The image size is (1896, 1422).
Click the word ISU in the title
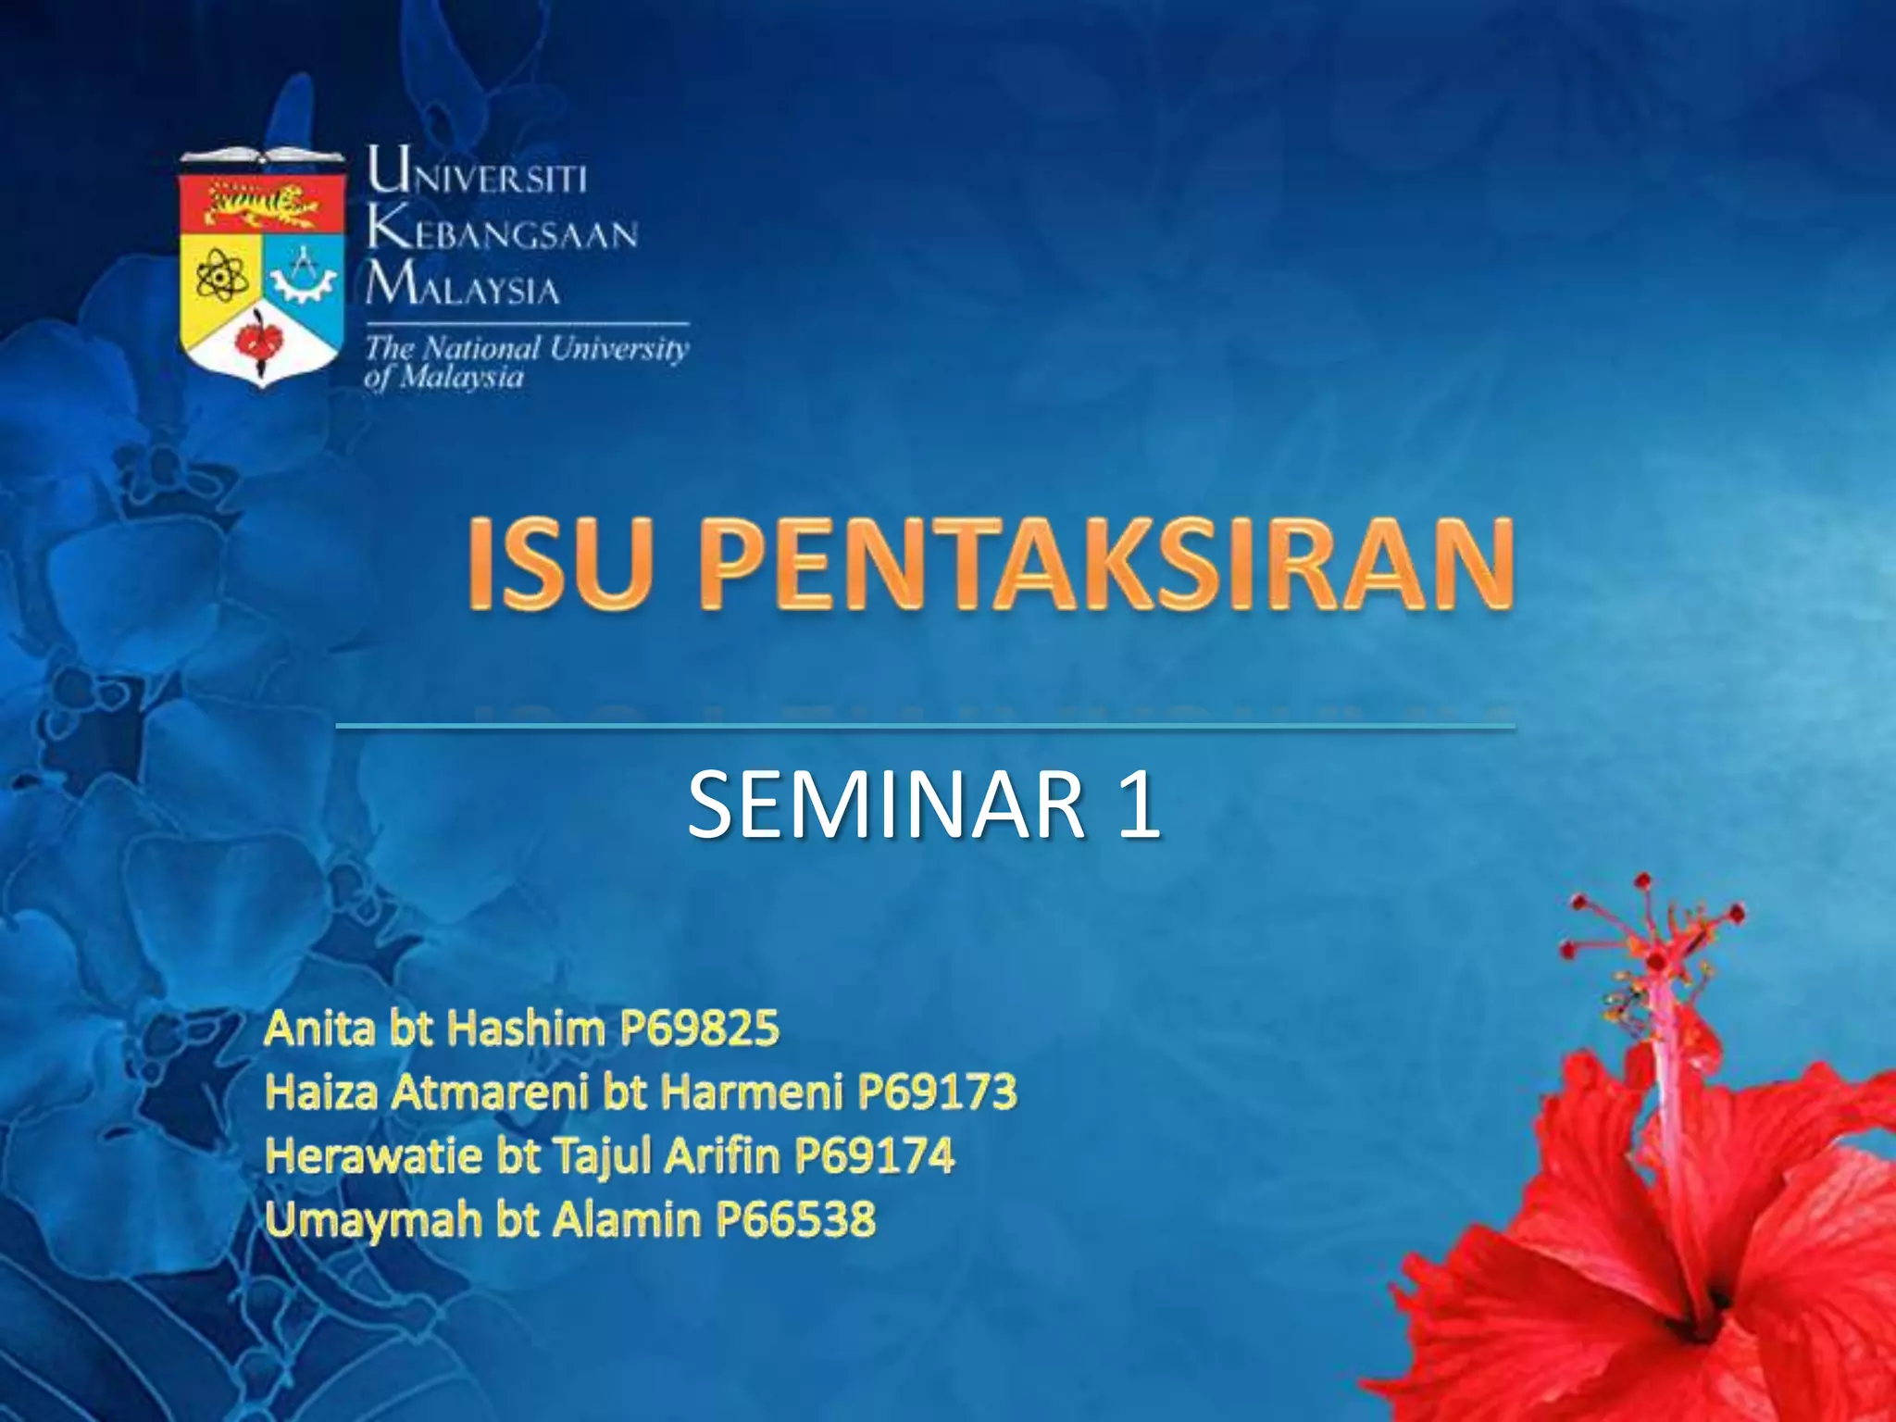coord(556,564)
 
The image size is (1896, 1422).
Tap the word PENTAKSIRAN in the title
coord(1106,564)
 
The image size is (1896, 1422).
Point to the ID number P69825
coord(700,1029)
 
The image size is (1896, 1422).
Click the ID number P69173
coord(937,1092)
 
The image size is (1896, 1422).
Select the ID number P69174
coord(875,1155)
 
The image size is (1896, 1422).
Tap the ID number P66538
coord(795,1219)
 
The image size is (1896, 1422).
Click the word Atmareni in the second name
coord(490,1092)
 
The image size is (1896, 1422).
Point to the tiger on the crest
coord(262,206)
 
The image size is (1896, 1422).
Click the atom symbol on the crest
coord(220,276)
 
